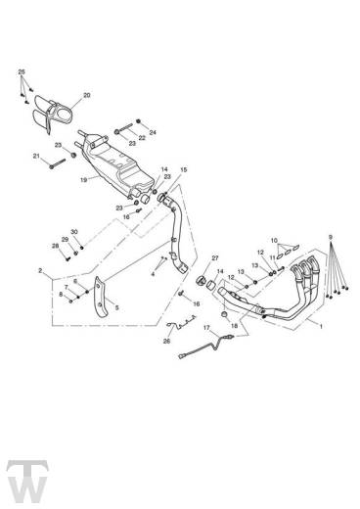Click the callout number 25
23,71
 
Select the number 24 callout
153,131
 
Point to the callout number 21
36,156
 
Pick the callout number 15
183,169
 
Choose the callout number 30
73,232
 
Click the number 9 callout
331,237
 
